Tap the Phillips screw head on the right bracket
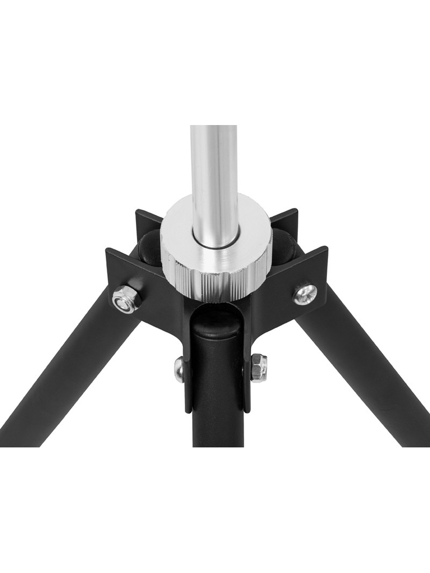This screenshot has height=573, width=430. pyautogui.click(x=305, y=294)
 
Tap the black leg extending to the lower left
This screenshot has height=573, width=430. pyautogui.click(x=71, y=381)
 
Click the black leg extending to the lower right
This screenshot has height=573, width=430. pyautogui.click(x=365, y=381)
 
